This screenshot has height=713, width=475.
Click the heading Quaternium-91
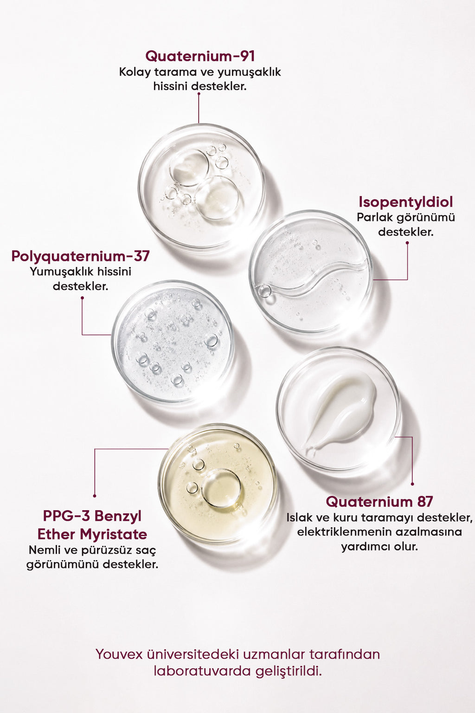pos(200,56)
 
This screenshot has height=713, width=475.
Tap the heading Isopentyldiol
pos(405,202)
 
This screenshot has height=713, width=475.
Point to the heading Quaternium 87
pos(379,502)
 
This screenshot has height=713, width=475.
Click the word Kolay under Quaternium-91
pos(135,72)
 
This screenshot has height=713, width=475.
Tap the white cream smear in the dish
pos(340,410)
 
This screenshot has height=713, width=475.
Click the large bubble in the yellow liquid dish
pos(221,488)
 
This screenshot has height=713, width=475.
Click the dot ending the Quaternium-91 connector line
pos(199,94)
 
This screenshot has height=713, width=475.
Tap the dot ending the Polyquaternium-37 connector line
pos(82,298)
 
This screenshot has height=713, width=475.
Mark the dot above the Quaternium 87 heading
pos(412,484)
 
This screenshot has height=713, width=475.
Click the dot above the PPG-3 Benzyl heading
pos(95,496)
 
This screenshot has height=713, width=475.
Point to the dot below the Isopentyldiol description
pos(407,243)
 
